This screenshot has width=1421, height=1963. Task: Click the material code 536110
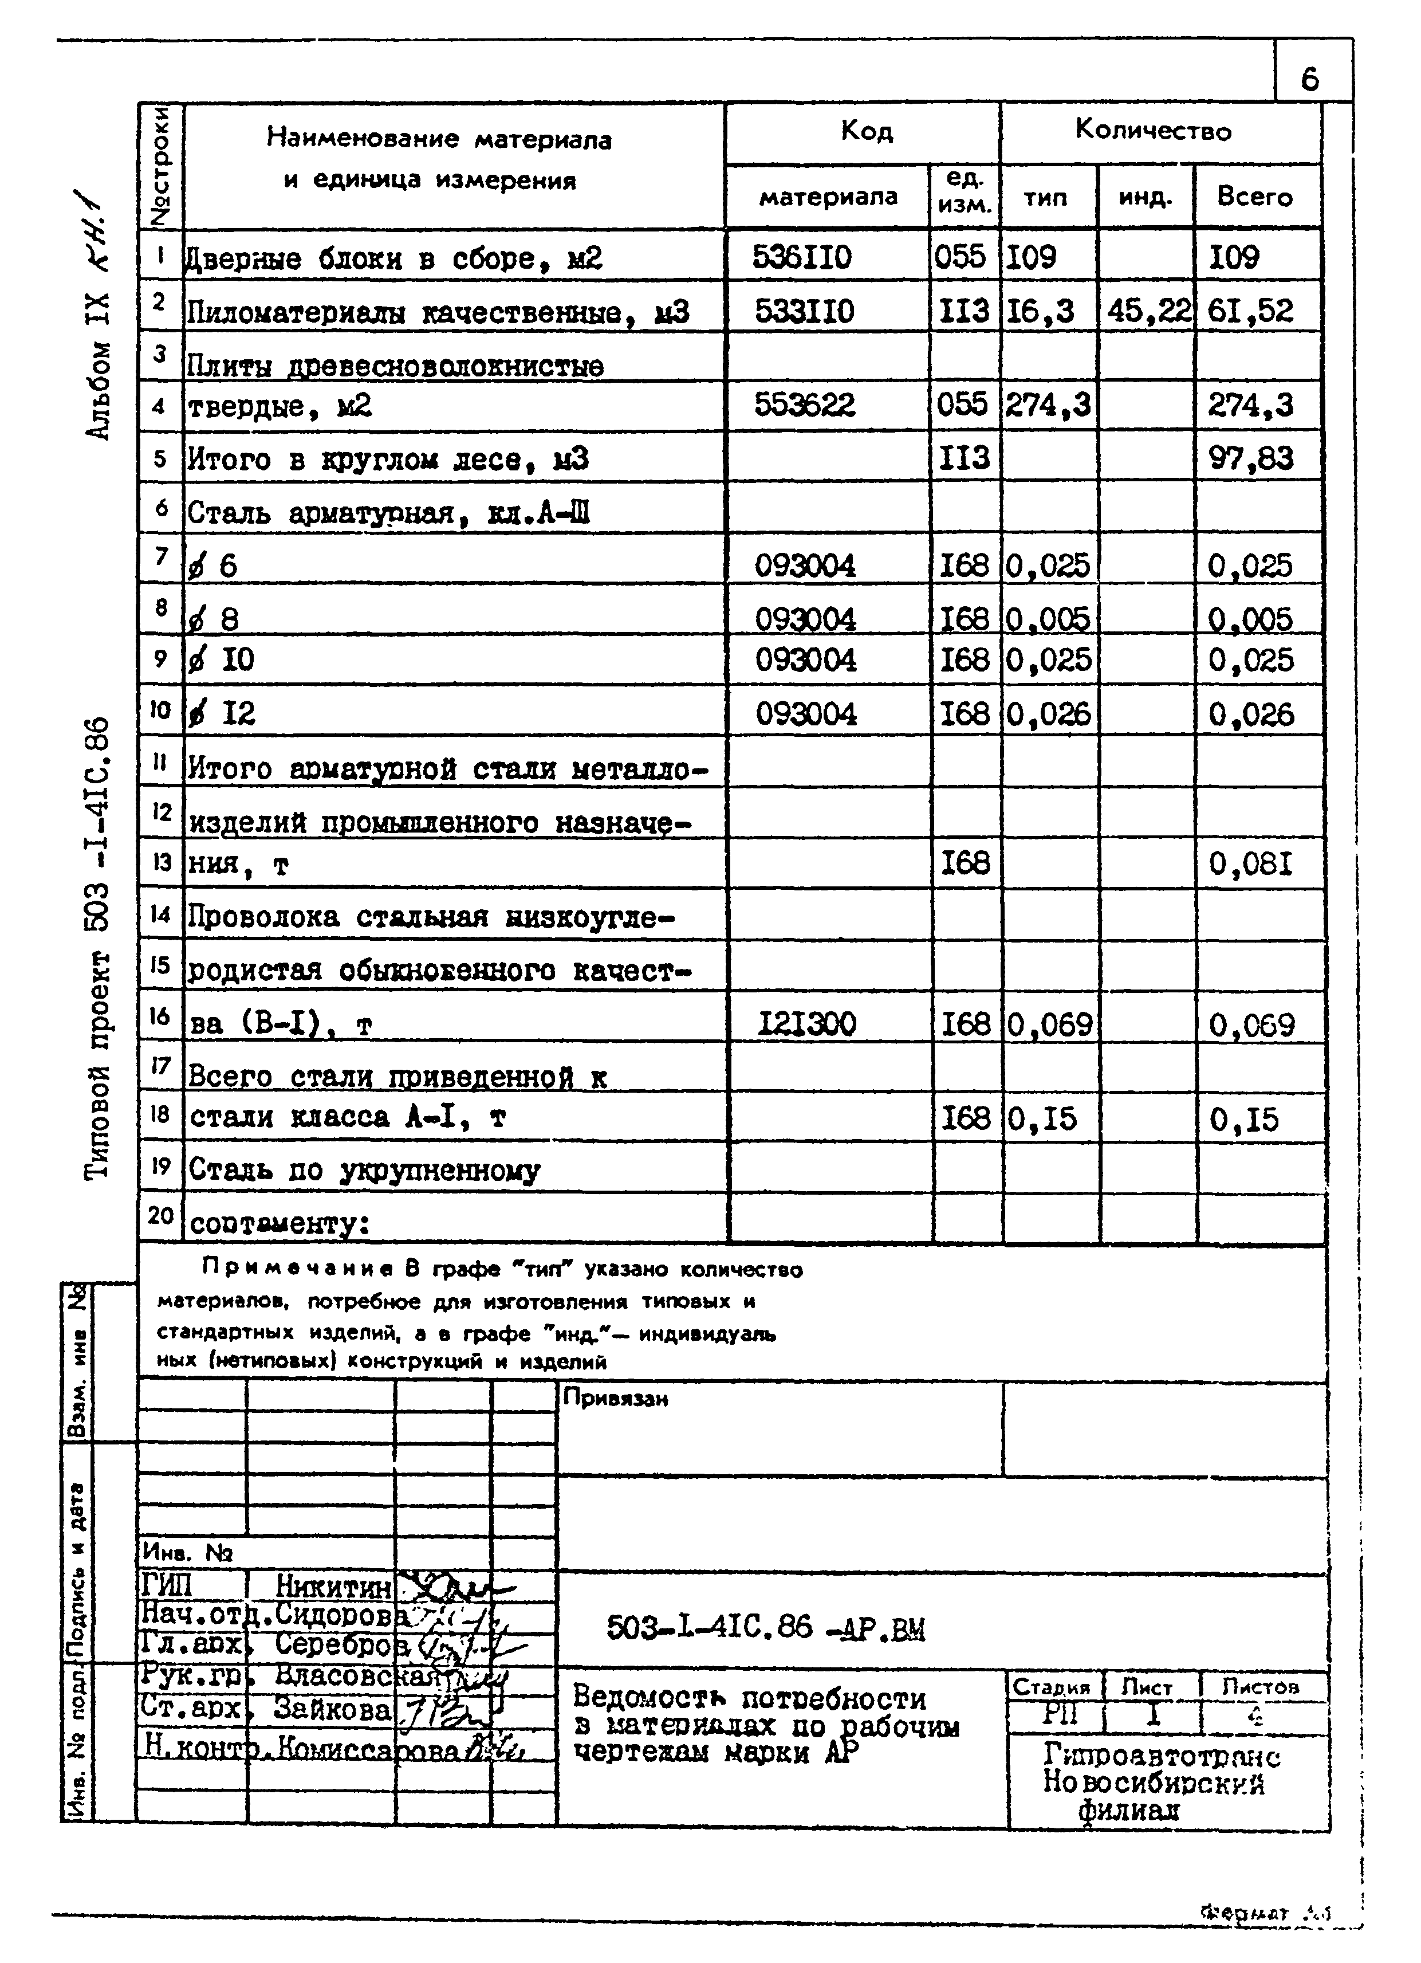[x=802, y=257]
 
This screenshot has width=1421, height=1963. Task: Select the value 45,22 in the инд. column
[x=1148, y=311]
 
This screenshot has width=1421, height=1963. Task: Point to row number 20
[x=161, y=1215]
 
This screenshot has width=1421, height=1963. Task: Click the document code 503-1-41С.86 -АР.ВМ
[x=765, y=1629]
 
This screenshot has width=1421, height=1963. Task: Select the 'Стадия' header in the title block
[x=1052, y=1687]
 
